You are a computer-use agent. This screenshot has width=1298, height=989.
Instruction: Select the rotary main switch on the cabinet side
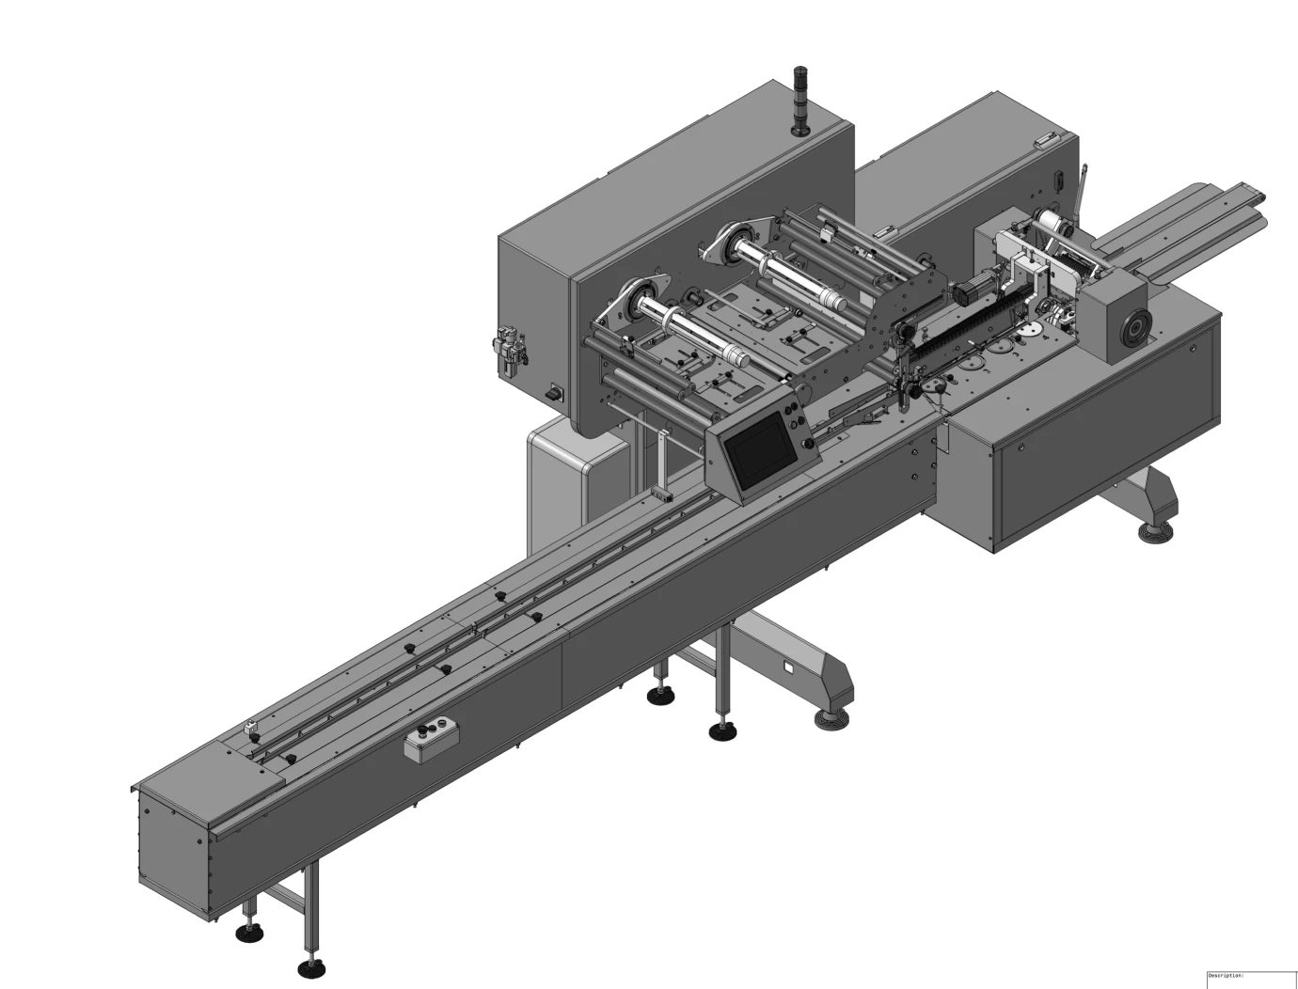coord(556,391)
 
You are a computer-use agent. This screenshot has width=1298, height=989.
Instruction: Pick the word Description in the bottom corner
coord(1225,976)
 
